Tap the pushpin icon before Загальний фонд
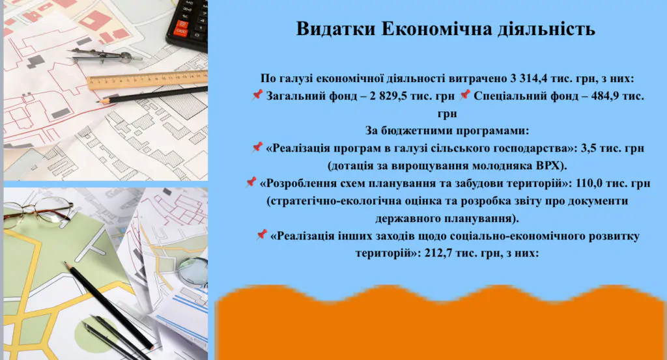pos(257,96)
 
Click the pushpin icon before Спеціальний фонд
pos(464,96)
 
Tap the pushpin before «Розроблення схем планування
pos(251,183)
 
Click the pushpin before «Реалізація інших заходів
pos(261,235)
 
